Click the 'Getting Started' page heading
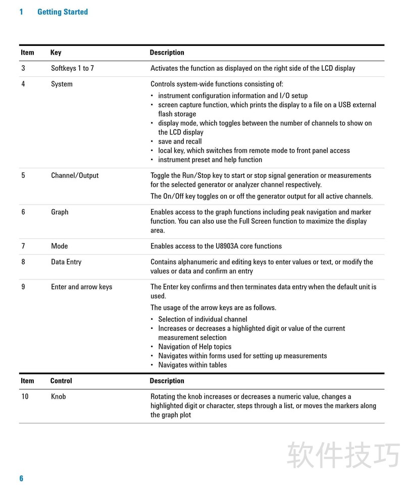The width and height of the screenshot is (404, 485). (63, 12)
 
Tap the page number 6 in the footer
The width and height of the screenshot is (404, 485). (21, 478)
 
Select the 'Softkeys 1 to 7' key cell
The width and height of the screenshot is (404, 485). (72, 68)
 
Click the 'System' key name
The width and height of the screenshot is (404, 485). (62, 84)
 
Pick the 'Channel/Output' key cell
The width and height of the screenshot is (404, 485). (75, 175)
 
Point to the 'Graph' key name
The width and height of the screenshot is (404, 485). (60, 212)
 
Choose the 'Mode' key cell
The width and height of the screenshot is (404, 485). (59, 246)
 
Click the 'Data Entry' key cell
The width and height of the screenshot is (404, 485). (66, 262)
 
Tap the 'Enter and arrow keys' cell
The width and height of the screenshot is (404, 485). (81, 286)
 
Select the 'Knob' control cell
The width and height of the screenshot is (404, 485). (59, 396)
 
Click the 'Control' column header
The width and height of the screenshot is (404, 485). (61, 380)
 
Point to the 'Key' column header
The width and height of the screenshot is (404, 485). (56, 53)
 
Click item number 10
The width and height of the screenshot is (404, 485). (25, 396)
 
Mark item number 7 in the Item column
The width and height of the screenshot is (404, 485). (23, 246)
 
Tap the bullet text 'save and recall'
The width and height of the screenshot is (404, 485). (180, 141)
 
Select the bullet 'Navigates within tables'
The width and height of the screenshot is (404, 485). (192, 365)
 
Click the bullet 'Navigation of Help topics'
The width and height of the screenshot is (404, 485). (194, 347)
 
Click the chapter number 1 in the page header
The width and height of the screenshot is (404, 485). (21, 12)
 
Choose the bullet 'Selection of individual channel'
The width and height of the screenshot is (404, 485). (203, 319)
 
